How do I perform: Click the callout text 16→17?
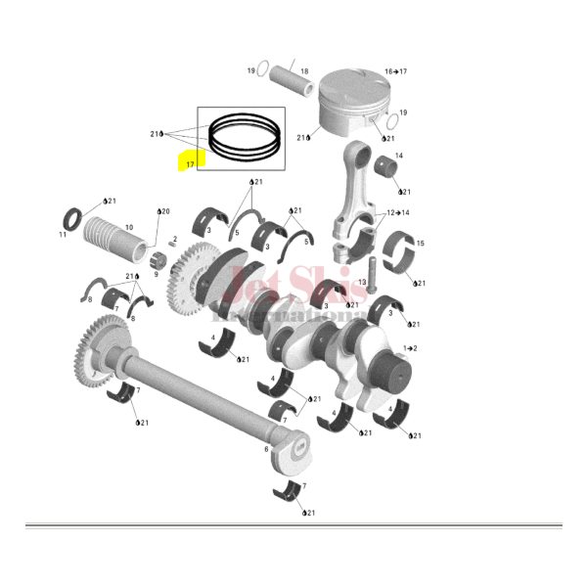pyautogui.click(x=395, y=71)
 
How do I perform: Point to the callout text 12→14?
pyautogui.click(x=397, y=212)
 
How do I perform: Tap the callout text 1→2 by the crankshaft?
pyautogui.click(x=411, y=348)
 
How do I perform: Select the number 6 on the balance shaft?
pyautogui.click(x=265, y=449)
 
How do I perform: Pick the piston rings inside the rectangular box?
pyautogui.click(x=241, y=137)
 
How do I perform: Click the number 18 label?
pyautogui.click(x=304, y=71)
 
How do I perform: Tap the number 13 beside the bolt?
pyautogui.click(x=361, y=283)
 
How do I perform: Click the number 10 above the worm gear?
pyautogui.click(x=128, y=227)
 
